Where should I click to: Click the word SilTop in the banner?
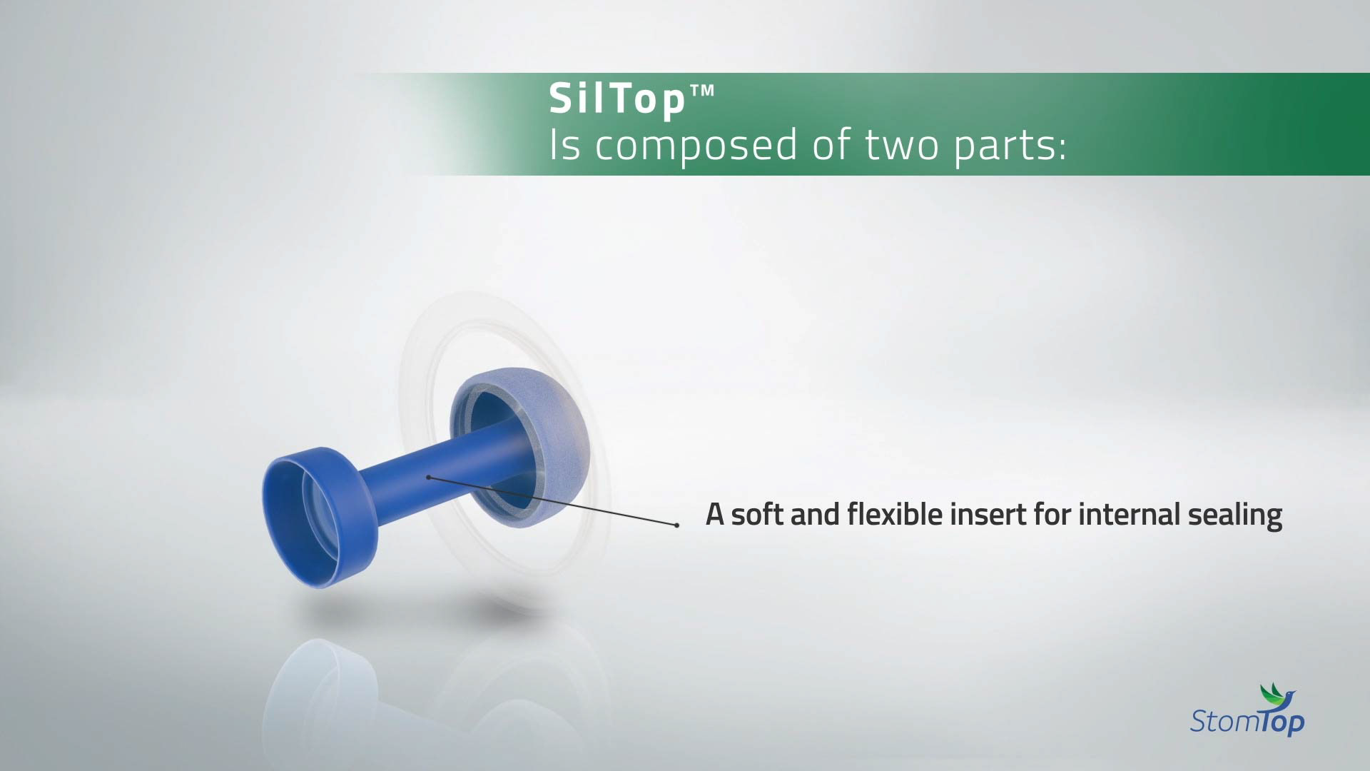point(617,99)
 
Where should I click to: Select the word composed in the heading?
point(696,146)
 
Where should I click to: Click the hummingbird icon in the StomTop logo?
point(1277,694)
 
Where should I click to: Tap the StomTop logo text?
point(1247,721)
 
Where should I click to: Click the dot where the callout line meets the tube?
point(428,477)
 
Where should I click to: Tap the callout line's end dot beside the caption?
point(676,525)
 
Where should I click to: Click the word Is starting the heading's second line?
point(564,146)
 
